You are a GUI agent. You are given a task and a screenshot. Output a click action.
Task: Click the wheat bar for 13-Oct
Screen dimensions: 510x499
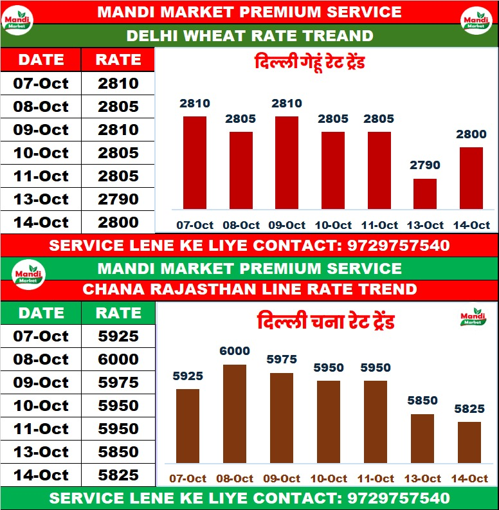pyautogui.click(x=424, y=194)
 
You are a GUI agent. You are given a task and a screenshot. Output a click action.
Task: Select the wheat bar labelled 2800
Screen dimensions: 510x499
pyautogui.click(x=471, y=178)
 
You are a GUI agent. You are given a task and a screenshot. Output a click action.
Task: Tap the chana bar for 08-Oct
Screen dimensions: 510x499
pyautogui.click(x=234, y=414)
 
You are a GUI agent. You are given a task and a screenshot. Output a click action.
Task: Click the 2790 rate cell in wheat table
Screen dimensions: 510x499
pyautogui.click(x=118, y=199)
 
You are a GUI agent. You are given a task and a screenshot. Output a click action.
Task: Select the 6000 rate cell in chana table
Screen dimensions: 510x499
pyautogui.click(x=118, y=360)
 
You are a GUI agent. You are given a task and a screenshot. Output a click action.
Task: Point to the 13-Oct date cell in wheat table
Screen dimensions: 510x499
pyautogui.click(x=41, y=199)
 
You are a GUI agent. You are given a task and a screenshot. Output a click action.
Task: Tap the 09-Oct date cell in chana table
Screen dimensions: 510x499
pyautogui.click(x=41, y=383)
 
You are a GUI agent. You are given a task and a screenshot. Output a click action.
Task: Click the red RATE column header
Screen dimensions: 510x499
pyautogui.click(x=118, y=60)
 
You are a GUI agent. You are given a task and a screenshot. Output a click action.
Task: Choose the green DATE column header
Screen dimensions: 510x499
pyautogui.click(x=41, y=313)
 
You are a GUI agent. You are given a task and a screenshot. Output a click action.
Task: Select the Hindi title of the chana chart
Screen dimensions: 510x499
pyautogui.click(x=325, y=321)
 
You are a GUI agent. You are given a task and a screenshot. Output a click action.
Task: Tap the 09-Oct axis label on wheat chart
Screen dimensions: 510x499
pyautogui.click(x=287, y=225)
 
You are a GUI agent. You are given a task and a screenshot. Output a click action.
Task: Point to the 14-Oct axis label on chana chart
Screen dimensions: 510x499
pyautogui.click(x=469, y=478)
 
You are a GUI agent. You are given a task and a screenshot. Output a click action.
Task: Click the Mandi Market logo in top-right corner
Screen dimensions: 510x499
pyautogui.click(x=476, y=22)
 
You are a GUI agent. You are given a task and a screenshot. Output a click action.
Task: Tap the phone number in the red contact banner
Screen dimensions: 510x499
pyautogui.click(x=398, y=245)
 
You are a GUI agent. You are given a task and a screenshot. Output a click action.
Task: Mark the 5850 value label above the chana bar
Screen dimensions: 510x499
pyautogui.click(x=422, y=400)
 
